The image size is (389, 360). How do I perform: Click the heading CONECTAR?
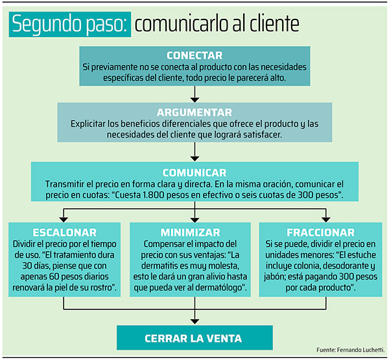[194, 55]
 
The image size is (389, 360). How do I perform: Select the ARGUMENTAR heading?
[194, 112]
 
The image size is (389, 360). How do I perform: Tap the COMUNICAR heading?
[194, 173]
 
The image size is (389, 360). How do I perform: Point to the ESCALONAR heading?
[64, 233]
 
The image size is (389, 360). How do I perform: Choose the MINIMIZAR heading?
[190, 233]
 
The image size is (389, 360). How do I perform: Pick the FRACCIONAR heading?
[321, 233]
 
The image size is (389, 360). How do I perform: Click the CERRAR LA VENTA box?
[194, 338]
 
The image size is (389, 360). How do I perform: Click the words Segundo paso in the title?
[70, 25]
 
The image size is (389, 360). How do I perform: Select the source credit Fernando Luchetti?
[360, 350]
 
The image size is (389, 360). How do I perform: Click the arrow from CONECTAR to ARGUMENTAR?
[194, 94]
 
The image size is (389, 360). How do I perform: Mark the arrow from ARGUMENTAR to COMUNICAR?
[194, 152]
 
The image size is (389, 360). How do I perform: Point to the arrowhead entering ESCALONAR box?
[64, 220]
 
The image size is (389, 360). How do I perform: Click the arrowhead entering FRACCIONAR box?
[325, 220]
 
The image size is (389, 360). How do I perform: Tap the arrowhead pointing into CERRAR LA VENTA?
[194, 322]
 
